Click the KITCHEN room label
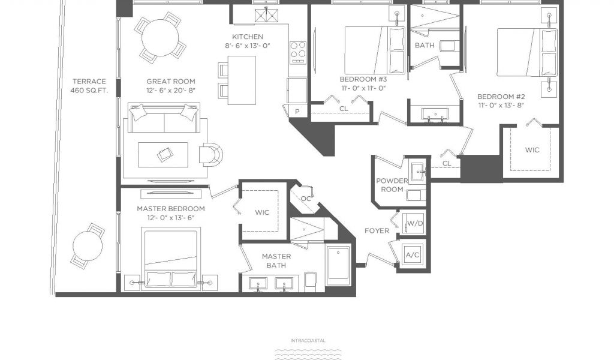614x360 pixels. coord(248,37)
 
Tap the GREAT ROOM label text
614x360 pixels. coord(171,82)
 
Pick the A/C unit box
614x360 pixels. coord(413,255)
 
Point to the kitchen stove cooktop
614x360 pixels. coord(297,52)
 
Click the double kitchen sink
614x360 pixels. coord(266,15)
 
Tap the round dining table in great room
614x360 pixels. coord(159,38)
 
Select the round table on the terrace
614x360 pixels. coord(88,246)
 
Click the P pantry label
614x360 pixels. coord(297,112)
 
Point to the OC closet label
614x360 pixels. coord(306,199)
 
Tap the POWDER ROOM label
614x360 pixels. coord(392,185)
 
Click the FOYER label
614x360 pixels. coord(377,231)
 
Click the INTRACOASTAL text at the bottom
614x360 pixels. coord(308,340)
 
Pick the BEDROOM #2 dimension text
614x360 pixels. coord(501,106)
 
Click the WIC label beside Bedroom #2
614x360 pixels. coord(532,149)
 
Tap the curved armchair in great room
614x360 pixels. coord(211,154)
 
